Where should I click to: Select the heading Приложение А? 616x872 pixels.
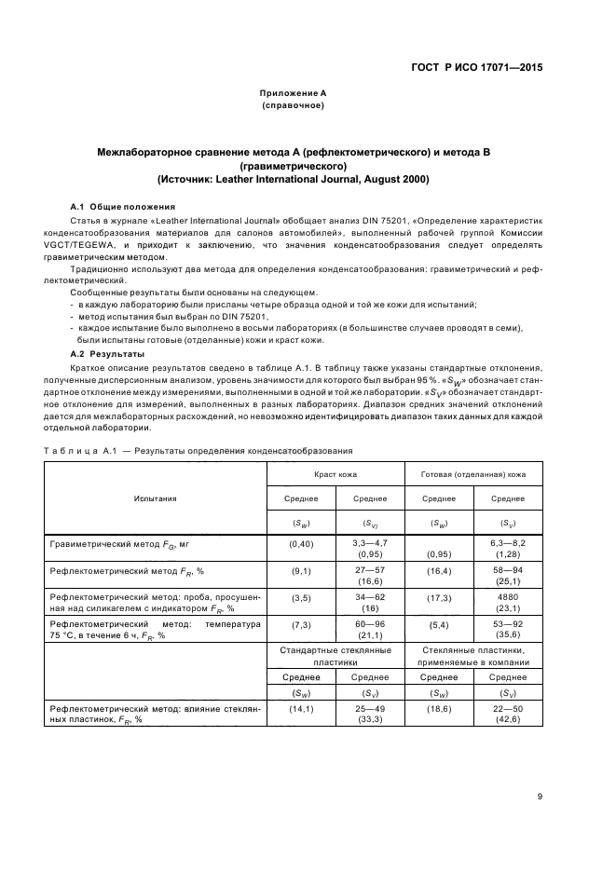(x=293, y=93)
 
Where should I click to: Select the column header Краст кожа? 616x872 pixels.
(x=336, y=474)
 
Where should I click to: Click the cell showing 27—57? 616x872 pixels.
(x=370, y=567)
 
